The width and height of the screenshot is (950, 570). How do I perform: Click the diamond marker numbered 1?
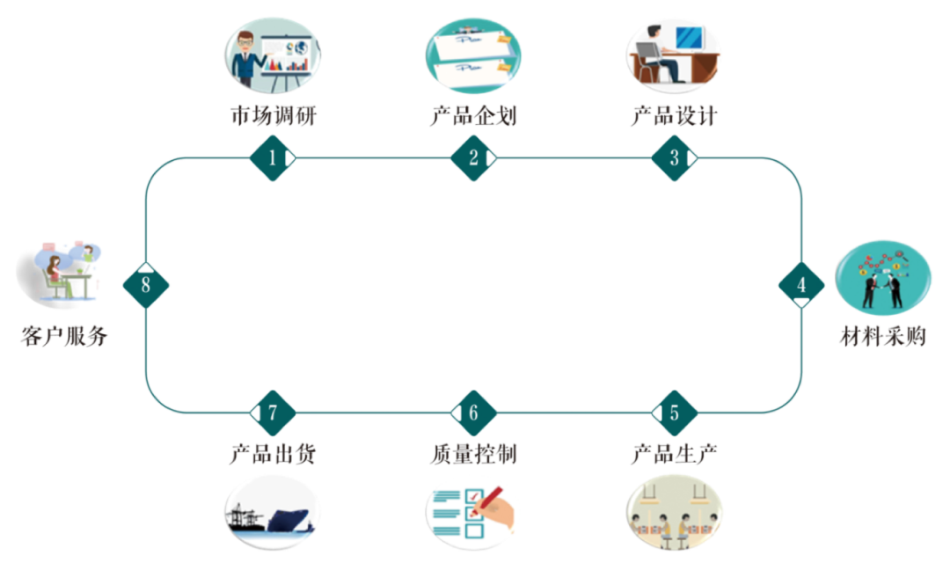coord(273,158)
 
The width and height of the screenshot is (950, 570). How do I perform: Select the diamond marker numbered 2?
coord(473,158)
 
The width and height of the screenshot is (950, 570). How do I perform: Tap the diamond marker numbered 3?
coord(675,158)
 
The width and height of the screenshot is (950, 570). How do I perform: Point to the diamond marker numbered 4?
coord(801,285)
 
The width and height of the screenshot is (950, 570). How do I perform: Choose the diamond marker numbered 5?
coord(675,413)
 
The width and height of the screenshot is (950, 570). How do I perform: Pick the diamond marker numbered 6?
coord(473,413)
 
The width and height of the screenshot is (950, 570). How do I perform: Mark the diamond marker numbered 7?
coord(273,413)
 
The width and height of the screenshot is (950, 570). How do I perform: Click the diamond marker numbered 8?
coord(145,285)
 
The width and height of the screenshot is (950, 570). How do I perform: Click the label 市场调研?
coord(274,115)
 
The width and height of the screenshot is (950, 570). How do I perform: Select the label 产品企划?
coord(473,115)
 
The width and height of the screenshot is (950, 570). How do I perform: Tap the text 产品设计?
coord(675,115)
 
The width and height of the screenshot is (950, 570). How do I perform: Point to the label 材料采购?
coord(883,336)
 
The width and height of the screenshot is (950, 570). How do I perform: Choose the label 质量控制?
coord(473,454)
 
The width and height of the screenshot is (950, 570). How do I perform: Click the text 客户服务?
coord(64,336)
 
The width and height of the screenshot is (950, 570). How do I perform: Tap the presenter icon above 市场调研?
coord(273,55)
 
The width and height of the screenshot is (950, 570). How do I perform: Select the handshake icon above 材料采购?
coord(883,277)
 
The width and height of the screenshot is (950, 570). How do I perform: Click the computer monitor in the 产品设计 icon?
coord(689,38)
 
